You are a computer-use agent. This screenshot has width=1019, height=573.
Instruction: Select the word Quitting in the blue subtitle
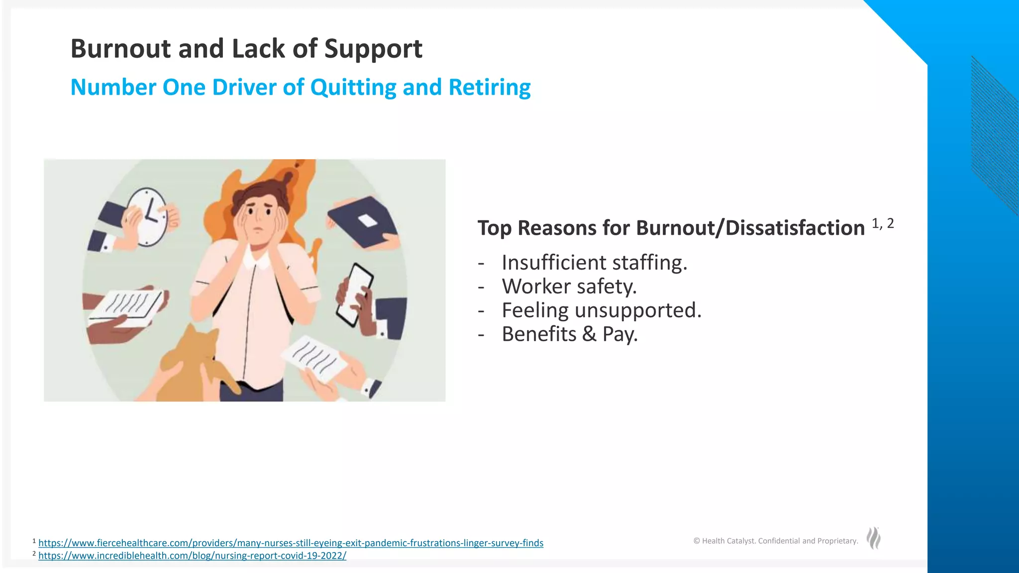pyautogui.click(x=353, y=88)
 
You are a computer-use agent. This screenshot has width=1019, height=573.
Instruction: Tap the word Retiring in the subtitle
pyautogui.click(x=489, y=88)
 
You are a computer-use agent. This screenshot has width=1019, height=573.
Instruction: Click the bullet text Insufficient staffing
pyautogui.click(x=594, y=263)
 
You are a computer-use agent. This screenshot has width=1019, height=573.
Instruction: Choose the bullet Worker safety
pyautogui.click(x=569, y=286)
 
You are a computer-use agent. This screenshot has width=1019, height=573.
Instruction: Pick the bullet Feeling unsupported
pyautogui.click(x=601, y=310)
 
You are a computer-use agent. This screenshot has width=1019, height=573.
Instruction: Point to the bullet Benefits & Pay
pyautogui.click(x=569, y=334)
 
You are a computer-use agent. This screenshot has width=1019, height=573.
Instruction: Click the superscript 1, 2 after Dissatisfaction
pyautogui.click(x=883, y=224)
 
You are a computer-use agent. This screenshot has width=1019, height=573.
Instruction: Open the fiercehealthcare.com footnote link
pyautogui.click(x=291, y=543)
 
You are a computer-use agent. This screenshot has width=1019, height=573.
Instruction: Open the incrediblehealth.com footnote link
pyautogui.click(x=192, y=556)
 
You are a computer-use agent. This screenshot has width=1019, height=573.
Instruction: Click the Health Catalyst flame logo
pyautogui.click(x=873, y=538)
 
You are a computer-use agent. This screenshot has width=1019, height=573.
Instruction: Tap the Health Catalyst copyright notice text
pyautogui.click(x=776, y=541)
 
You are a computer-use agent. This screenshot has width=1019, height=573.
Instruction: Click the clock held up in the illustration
pyautogui.click(x=147, y=216)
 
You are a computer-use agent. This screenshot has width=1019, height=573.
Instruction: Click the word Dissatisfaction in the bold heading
pyautogui.click(x=795, y=228)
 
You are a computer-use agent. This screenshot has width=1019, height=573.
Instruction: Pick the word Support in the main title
pyautogui.click(x=373, y=49)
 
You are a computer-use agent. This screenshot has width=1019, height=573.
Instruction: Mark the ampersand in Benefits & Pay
pyautogui.click(x=589, y=334)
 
